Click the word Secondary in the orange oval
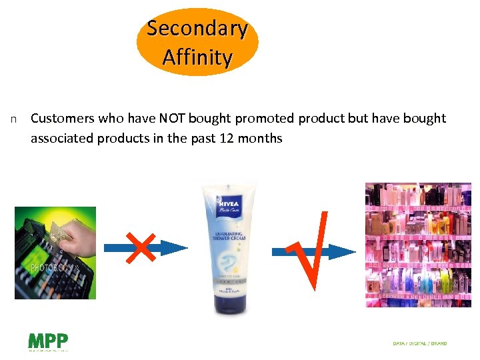click(197, 29)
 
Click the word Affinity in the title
click(197, 57)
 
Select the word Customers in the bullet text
click(63, 119)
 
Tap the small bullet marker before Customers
click(13, 119)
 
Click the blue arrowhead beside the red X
click(175, 249)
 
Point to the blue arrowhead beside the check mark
click(343, 251)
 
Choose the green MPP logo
click(47, 341)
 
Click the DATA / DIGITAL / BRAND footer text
click(420, 343)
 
